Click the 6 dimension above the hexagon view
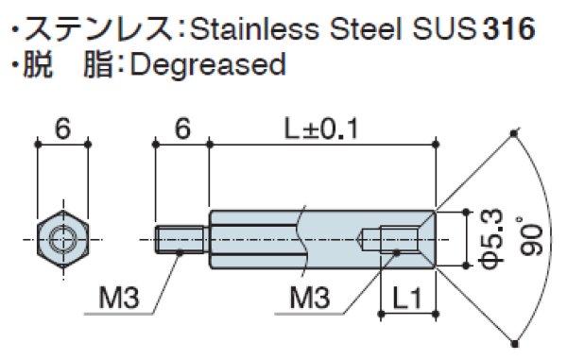(62, 130)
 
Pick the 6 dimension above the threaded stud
(180, 130)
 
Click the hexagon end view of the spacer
(62, 238)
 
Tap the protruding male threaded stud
(180, 239)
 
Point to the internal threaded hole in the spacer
(391, 239)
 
